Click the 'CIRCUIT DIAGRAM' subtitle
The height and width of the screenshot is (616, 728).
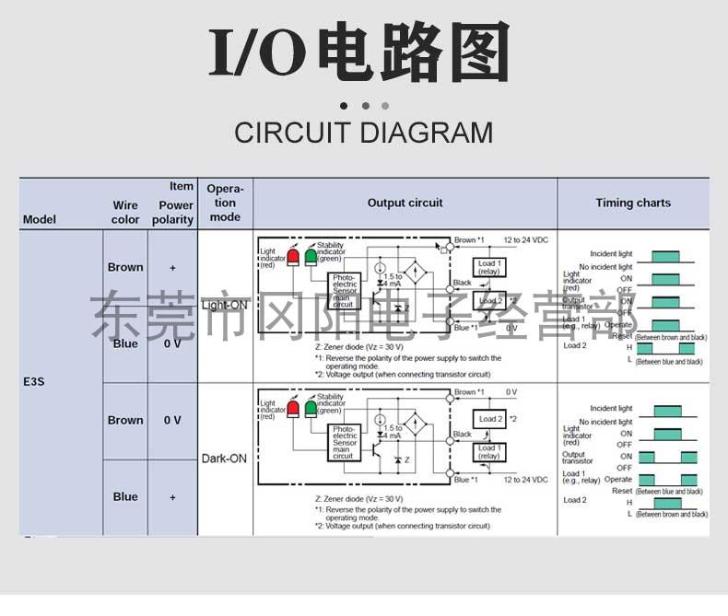click(x=363, y=132)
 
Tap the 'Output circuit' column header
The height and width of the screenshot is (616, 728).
click(x=405, y=203)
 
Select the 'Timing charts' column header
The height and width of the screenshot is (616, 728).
click(x=633, y=203)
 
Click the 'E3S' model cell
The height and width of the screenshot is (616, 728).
click(x=33, y=381)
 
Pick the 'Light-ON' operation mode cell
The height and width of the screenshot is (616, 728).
click(x=225, y=305)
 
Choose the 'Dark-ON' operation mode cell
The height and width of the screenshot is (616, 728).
click(x=225, y=458)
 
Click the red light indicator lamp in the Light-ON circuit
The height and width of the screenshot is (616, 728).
click(x=293, y=256)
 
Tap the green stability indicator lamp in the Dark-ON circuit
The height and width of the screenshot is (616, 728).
click(x=311, y=409)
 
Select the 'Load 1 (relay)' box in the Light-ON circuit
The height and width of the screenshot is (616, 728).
click(x=489, y=268)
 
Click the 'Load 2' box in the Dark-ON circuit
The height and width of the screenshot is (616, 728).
click(x=490, y=419)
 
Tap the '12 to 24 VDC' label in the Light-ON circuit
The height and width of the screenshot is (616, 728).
click(x=525, y=239)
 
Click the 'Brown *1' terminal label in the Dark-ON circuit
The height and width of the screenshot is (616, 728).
click(x=469, y=392)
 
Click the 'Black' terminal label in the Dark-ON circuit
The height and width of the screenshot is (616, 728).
click(x=462, y=435)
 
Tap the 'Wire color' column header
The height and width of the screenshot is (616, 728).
click(x=125, y=213)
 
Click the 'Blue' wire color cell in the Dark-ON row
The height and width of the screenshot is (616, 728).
click(x=125, y=496)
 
